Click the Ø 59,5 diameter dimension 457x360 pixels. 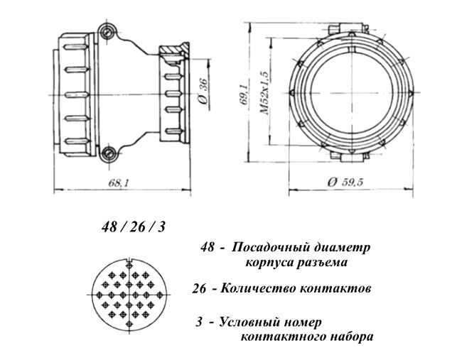(x=347, y=182)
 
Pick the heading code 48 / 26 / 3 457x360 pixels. (x=134, y=227)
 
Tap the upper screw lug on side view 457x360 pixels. (x=108, y=31)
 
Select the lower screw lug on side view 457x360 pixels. (x=108, y=152)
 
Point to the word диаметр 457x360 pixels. (x=345, y=248)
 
